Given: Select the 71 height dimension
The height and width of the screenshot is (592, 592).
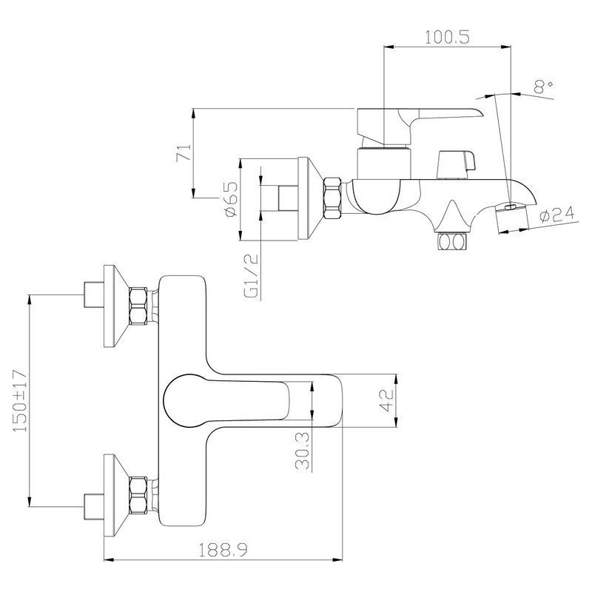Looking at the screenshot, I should coord(186,153).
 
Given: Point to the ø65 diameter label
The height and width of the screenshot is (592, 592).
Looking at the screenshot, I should coord(230,199).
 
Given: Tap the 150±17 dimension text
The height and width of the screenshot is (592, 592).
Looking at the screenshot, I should coord(20,400).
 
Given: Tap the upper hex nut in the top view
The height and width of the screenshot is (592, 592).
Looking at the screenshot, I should coord(138,306).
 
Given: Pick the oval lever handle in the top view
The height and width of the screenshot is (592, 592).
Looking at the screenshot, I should coord(222,400).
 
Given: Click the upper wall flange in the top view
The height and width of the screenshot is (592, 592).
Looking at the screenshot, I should coord(113,306).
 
